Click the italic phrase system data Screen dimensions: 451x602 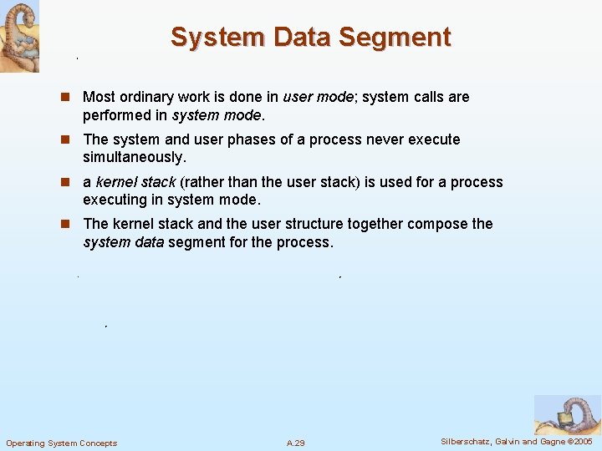123,242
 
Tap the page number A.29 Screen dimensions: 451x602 295,443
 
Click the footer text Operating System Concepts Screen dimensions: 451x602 62,443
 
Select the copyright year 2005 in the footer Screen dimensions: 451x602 581,441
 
